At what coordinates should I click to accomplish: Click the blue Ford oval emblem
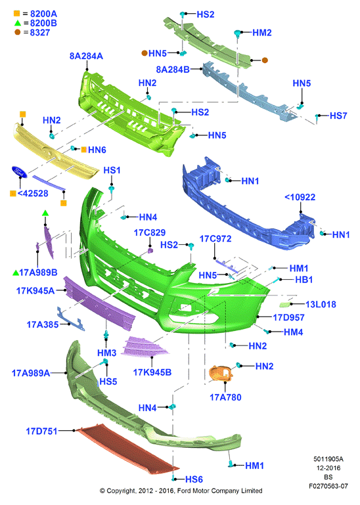(19, 171)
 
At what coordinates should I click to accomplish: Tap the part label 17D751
(41, 431)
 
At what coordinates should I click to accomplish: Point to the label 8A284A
(86, 56)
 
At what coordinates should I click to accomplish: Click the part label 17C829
(150, 232)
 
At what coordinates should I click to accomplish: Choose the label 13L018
(321, 304)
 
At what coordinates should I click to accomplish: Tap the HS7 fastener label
(338, 116)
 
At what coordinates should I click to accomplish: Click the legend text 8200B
(43, 23)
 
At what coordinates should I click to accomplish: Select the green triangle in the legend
(18, 23)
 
